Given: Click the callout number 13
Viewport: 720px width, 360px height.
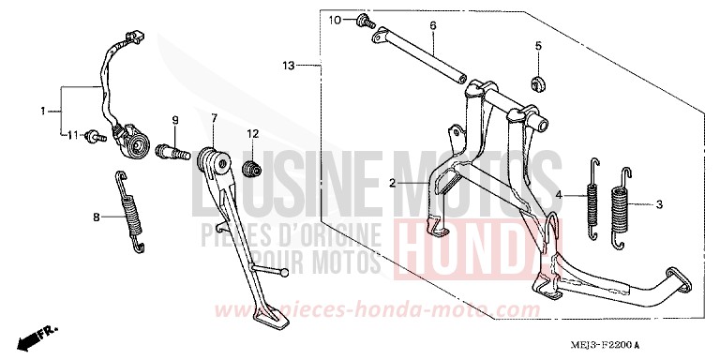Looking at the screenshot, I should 289,66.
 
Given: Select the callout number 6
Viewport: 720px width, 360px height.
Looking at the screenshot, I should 433,25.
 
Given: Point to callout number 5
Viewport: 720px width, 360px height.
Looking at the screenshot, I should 539,45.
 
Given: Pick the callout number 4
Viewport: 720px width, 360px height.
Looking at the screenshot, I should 559,195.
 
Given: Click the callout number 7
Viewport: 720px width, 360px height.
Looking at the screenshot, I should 214,118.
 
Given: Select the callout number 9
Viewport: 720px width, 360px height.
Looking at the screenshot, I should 173,119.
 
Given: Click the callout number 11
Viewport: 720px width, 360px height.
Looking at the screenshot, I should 71,136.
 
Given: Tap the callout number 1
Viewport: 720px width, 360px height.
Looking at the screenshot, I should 43,112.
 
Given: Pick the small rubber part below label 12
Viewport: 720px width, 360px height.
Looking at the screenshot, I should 251,169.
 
